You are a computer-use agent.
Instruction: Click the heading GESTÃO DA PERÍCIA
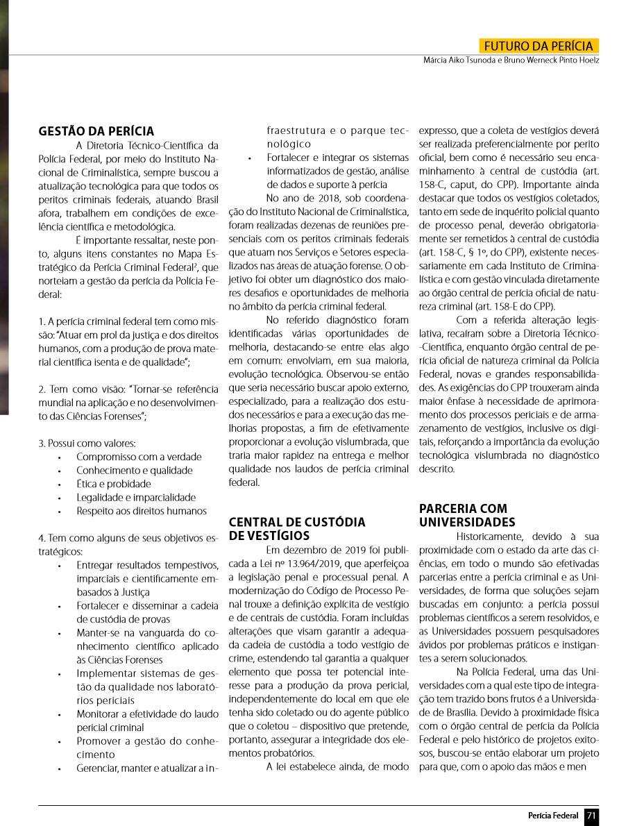pos(96,131)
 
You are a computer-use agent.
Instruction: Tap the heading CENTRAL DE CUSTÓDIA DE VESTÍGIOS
pos(297,528)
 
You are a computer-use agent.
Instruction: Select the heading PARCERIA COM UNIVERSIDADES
pos(467,515)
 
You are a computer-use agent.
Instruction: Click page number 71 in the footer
pos(591,816)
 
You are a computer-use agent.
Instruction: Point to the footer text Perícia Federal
pos(553,816)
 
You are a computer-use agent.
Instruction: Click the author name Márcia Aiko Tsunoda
pos(460,60)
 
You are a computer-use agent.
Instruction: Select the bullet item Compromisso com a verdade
pos(139,457)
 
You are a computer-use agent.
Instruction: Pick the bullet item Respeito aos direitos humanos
pos(141,511)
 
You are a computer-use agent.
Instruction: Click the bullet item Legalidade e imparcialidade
pos(135,497)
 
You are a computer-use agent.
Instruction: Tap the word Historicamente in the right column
pos(490,537)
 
